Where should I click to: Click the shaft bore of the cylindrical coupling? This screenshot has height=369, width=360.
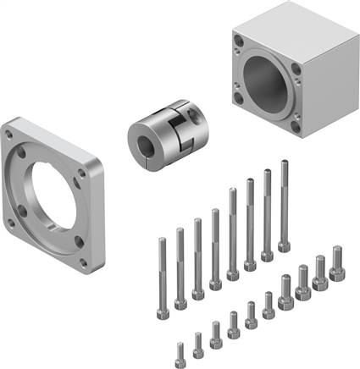tap(141, 135)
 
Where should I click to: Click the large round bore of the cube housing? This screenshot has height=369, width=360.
tap(269, 85)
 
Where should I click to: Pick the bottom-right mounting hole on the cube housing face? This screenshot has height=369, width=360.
tap(296, 126)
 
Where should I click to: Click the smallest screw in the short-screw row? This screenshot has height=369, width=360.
tap(180, 349)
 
